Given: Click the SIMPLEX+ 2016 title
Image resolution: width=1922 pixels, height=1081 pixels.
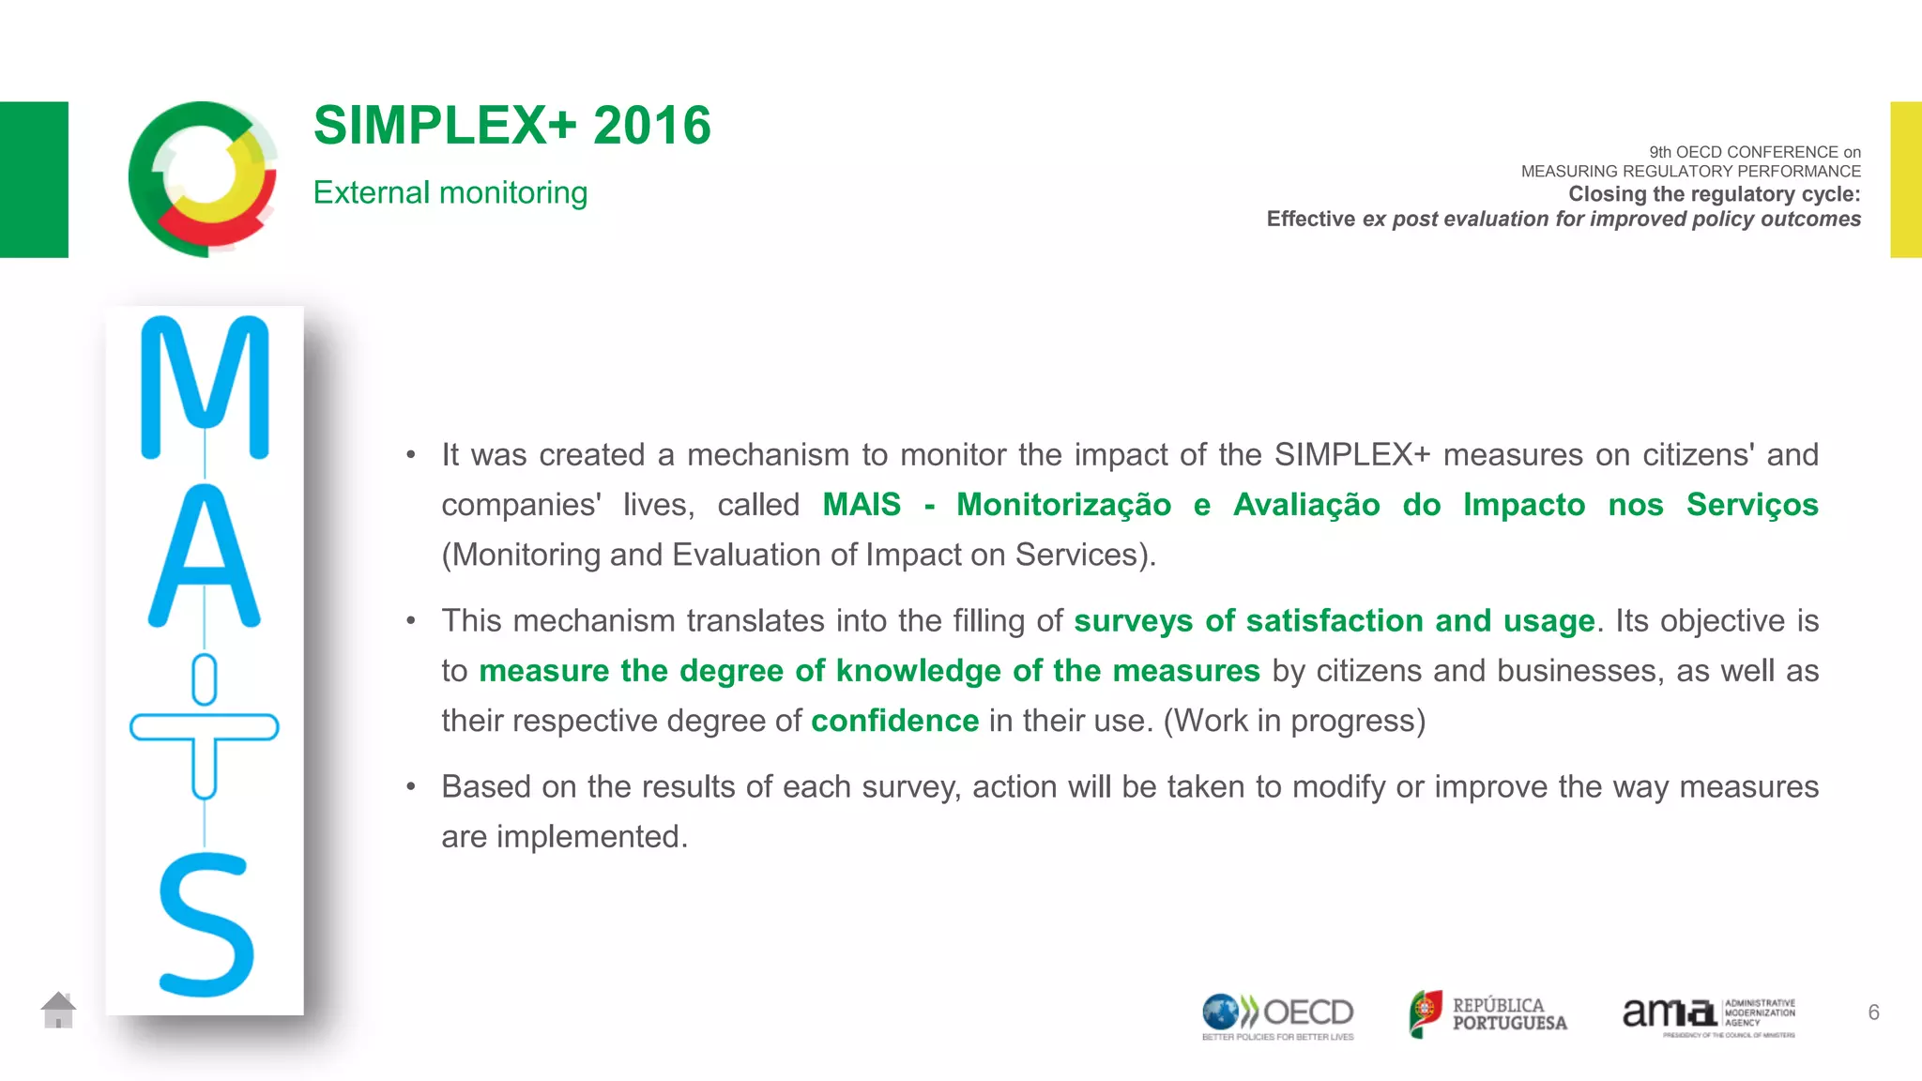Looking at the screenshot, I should click(511, 126).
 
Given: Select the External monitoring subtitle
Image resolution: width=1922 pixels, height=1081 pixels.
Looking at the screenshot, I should click(450, 192).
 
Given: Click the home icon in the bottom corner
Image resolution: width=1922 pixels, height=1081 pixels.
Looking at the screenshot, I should click(58, 1010).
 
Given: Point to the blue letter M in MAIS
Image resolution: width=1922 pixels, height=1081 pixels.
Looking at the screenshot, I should click(205, 387).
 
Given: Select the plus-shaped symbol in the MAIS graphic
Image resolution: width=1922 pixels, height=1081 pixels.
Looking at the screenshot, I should click(205, 727).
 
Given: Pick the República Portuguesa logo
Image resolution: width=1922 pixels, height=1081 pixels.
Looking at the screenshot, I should click(1487, 1014).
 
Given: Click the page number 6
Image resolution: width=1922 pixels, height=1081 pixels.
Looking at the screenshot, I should click(1873, 1012).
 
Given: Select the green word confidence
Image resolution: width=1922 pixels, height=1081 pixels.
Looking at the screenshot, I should click(894, 721).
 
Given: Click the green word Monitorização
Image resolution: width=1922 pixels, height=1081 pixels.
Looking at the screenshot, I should click(1063, 505).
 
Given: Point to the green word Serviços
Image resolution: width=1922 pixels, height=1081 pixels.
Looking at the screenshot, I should click(1752, 505).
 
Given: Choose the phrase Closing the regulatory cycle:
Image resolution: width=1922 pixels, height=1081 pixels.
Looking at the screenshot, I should click(1714, 194).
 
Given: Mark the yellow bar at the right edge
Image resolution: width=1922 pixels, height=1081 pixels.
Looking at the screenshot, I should click(1905, 179).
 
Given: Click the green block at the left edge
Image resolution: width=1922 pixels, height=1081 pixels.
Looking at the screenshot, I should click(34, 179).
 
